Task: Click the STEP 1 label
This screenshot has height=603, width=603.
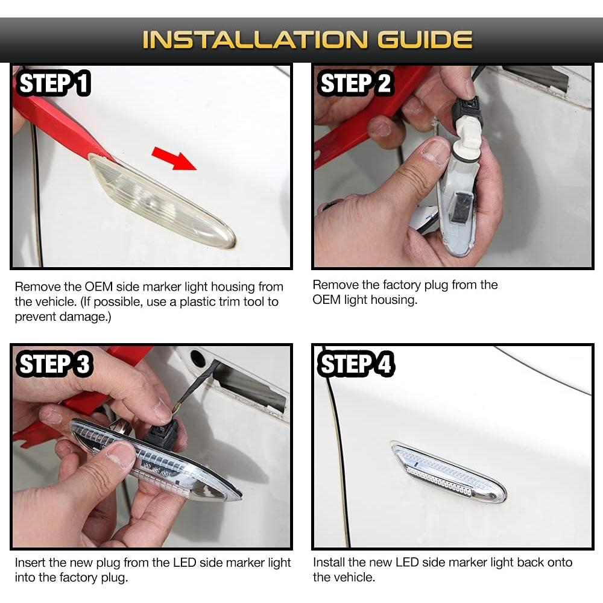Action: pyautogui.click(x=54, y=83)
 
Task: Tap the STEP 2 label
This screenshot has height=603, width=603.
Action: pyautogui.click(x=356, y=83)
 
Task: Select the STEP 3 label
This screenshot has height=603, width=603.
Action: pyautogui.click(x=55, y=365)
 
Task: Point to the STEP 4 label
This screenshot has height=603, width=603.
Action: pyautogui.click(x=356, y=365)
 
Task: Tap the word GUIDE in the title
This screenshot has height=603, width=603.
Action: pyautogui.click(x=425, y=40)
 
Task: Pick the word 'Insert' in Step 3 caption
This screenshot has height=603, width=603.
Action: pyautogui.click(x=30, y=563)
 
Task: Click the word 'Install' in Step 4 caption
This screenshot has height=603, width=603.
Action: pyautogui.click(x=329, y=562)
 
